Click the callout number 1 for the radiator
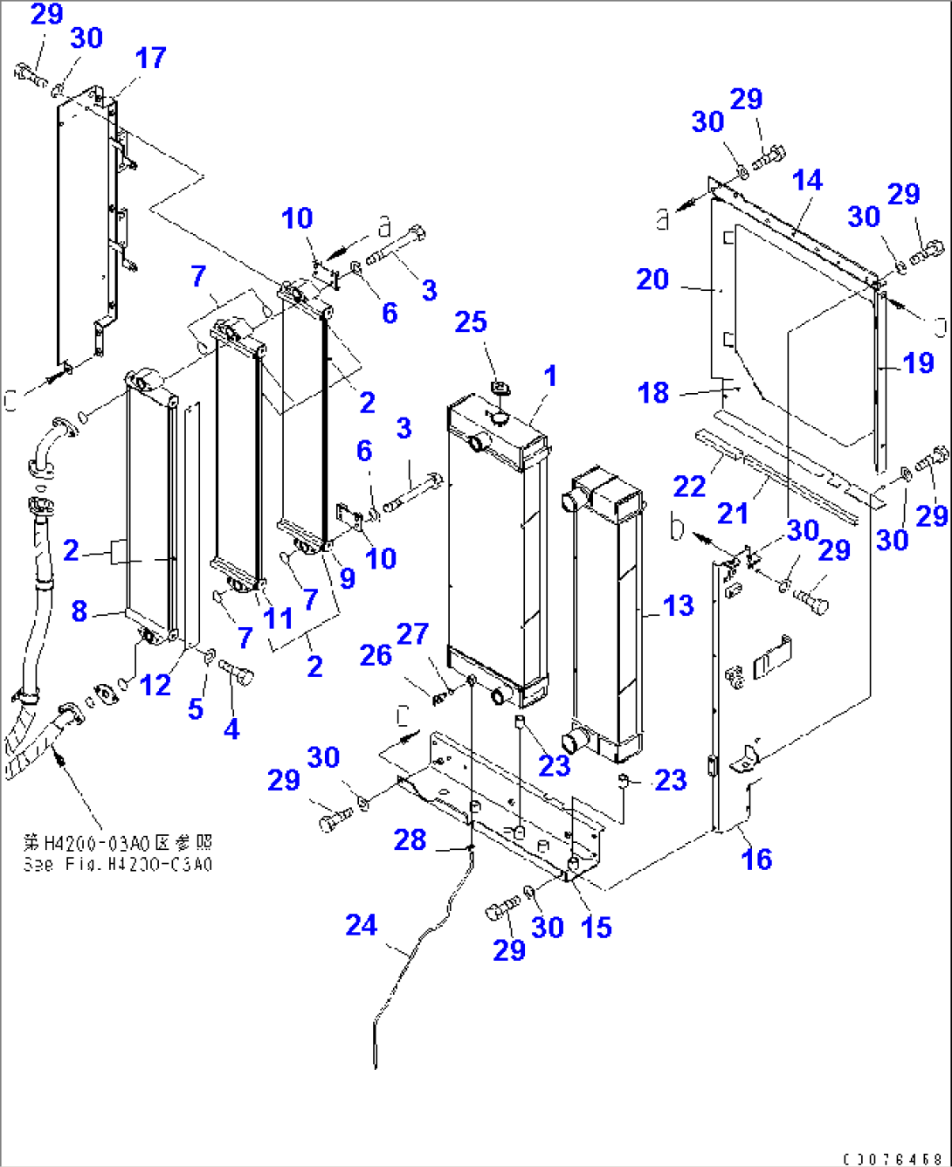coord(549,376)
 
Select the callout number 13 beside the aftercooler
coord(678,605)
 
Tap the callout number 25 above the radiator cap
coord(471,322)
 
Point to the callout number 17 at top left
coord(150,59)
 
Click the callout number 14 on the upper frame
coord(807,181)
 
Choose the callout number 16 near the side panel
coord(756,859)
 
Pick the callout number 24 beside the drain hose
coord(361,925)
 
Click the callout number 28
coord(410,839)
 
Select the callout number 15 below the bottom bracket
coord(596,927)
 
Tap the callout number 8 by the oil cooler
coord(79,611)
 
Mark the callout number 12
coord(155,685)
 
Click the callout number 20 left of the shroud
coord(652,280)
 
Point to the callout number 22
coord(689,487)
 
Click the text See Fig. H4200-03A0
coord(117,864)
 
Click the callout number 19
coord(919,363)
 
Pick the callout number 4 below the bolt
coord(231,729)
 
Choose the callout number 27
coord(412,634)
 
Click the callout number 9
coord(347,577)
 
